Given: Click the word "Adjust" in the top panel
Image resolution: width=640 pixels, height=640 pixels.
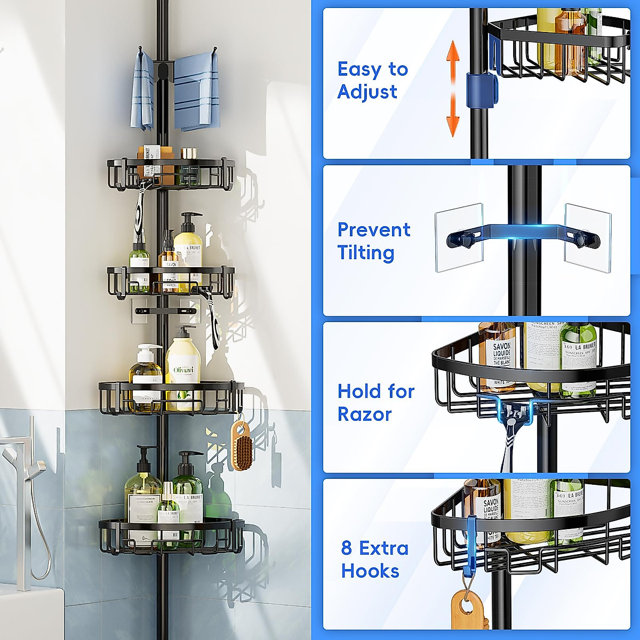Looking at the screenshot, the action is [367, 92].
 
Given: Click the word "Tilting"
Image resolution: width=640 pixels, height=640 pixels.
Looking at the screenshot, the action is [365, 253].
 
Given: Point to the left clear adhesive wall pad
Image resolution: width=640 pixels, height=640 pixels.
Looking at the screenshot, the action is [458, 237].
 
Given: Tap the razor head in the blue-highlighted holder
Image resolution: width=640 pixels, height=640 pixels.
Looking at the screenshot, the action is [516, 412].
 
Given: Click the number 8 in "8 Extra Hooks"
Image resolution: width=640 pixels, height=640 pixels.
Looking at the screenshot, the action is [347, 548].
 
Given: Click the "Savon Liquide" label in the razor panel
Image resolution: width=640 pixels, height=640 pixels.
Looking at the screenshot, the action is [498, 356].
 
